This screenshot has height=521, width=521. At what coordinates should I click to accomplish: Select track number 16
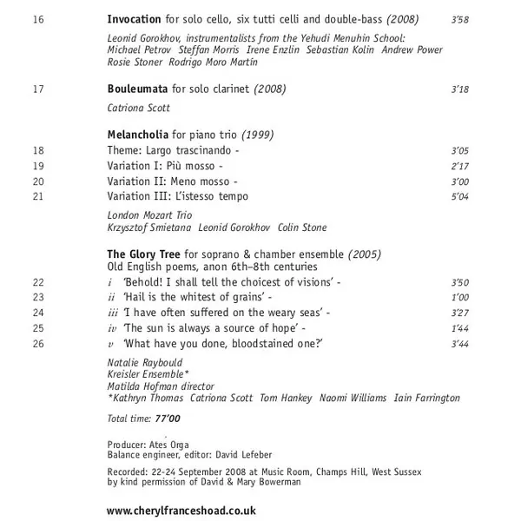click(x=37, y=18)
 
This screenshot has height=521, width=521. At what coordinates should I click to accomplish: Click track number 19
click(x=37, y=166)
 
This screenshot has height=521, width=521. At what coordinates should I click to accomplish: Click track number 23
click(x=37, y=298)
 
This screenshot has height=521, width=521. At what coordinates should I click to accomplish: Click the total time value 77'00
click(x=168, y=419)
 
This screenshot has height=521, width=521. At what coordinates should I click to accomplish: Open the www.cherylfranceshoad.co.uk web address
click(x=181, y=511)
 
